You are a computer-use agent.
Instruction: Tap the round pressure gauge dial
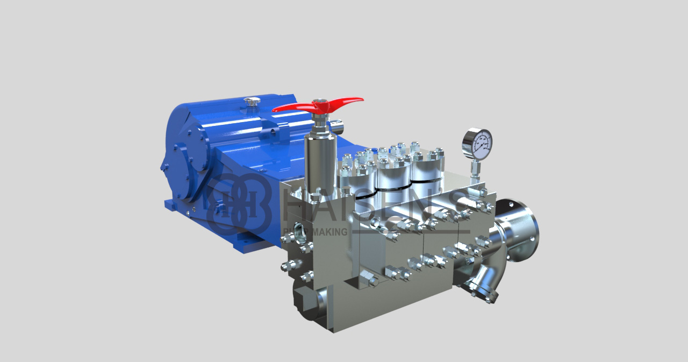[477, 143]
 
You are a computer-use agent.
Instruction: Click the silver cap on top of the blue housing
[250, 101]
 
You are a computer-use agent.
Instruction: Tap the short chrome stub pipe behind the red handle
[338, 126]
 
